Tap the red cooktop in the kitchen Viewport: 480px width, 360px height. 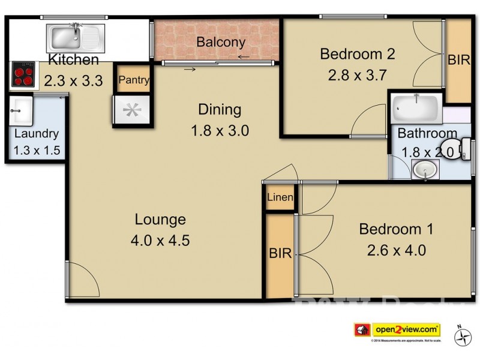point(23,76)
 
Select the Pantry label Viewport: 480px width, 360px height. point(133,80)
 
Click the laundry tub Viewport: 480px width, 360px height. point(20,109)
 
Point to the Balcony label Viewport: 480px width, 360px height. point(221,42)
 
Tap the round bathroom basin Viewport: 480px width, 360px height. point(426,170)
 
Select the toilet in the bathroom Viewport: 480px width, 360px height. point(465,147)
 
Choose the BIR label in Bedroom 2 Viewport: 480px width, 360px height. point(458,61)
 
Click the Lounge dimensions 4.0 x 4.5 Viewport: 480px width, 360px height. point(160,241)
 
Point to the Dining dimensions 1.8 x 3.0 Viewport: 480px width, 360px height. point(220,130)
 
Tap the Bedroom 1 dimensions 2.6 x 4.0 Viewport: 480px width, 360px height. point(396,250)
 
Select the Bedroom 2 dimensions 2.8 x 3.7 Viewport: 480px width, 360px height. point(356,76)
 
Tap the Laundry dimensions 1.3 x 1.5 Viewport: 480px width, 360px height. point(37,150)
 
